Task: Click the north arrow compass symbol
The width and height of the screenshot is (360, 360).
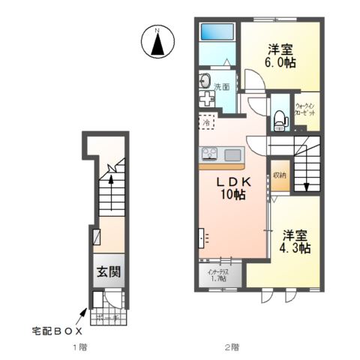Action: tap(157, 42)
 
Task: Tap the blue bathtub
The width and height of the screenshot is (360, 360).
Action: tap(219, 32)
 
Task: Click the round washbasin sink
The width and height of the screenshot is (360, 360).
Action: tap(205, 79)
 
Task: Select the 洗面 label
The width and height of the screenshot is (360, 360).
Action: tap(223, 87)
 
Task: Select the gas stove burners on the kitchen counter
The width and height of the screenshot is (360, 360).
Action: tap(209, 154)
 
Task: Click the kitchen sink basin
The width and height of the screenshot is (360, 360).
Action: tap(232, 154)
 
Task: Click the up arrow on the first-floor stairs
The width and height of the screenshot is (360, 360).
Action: tap(111, 179)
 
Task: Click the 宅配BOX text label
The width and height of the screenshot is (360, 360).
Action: tap(55, 330)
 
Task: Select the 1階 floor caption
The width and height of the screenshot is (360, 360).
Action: tap(79, 347)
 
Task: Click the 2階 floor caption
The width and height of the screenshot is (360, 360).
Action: tap(232, 347)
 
